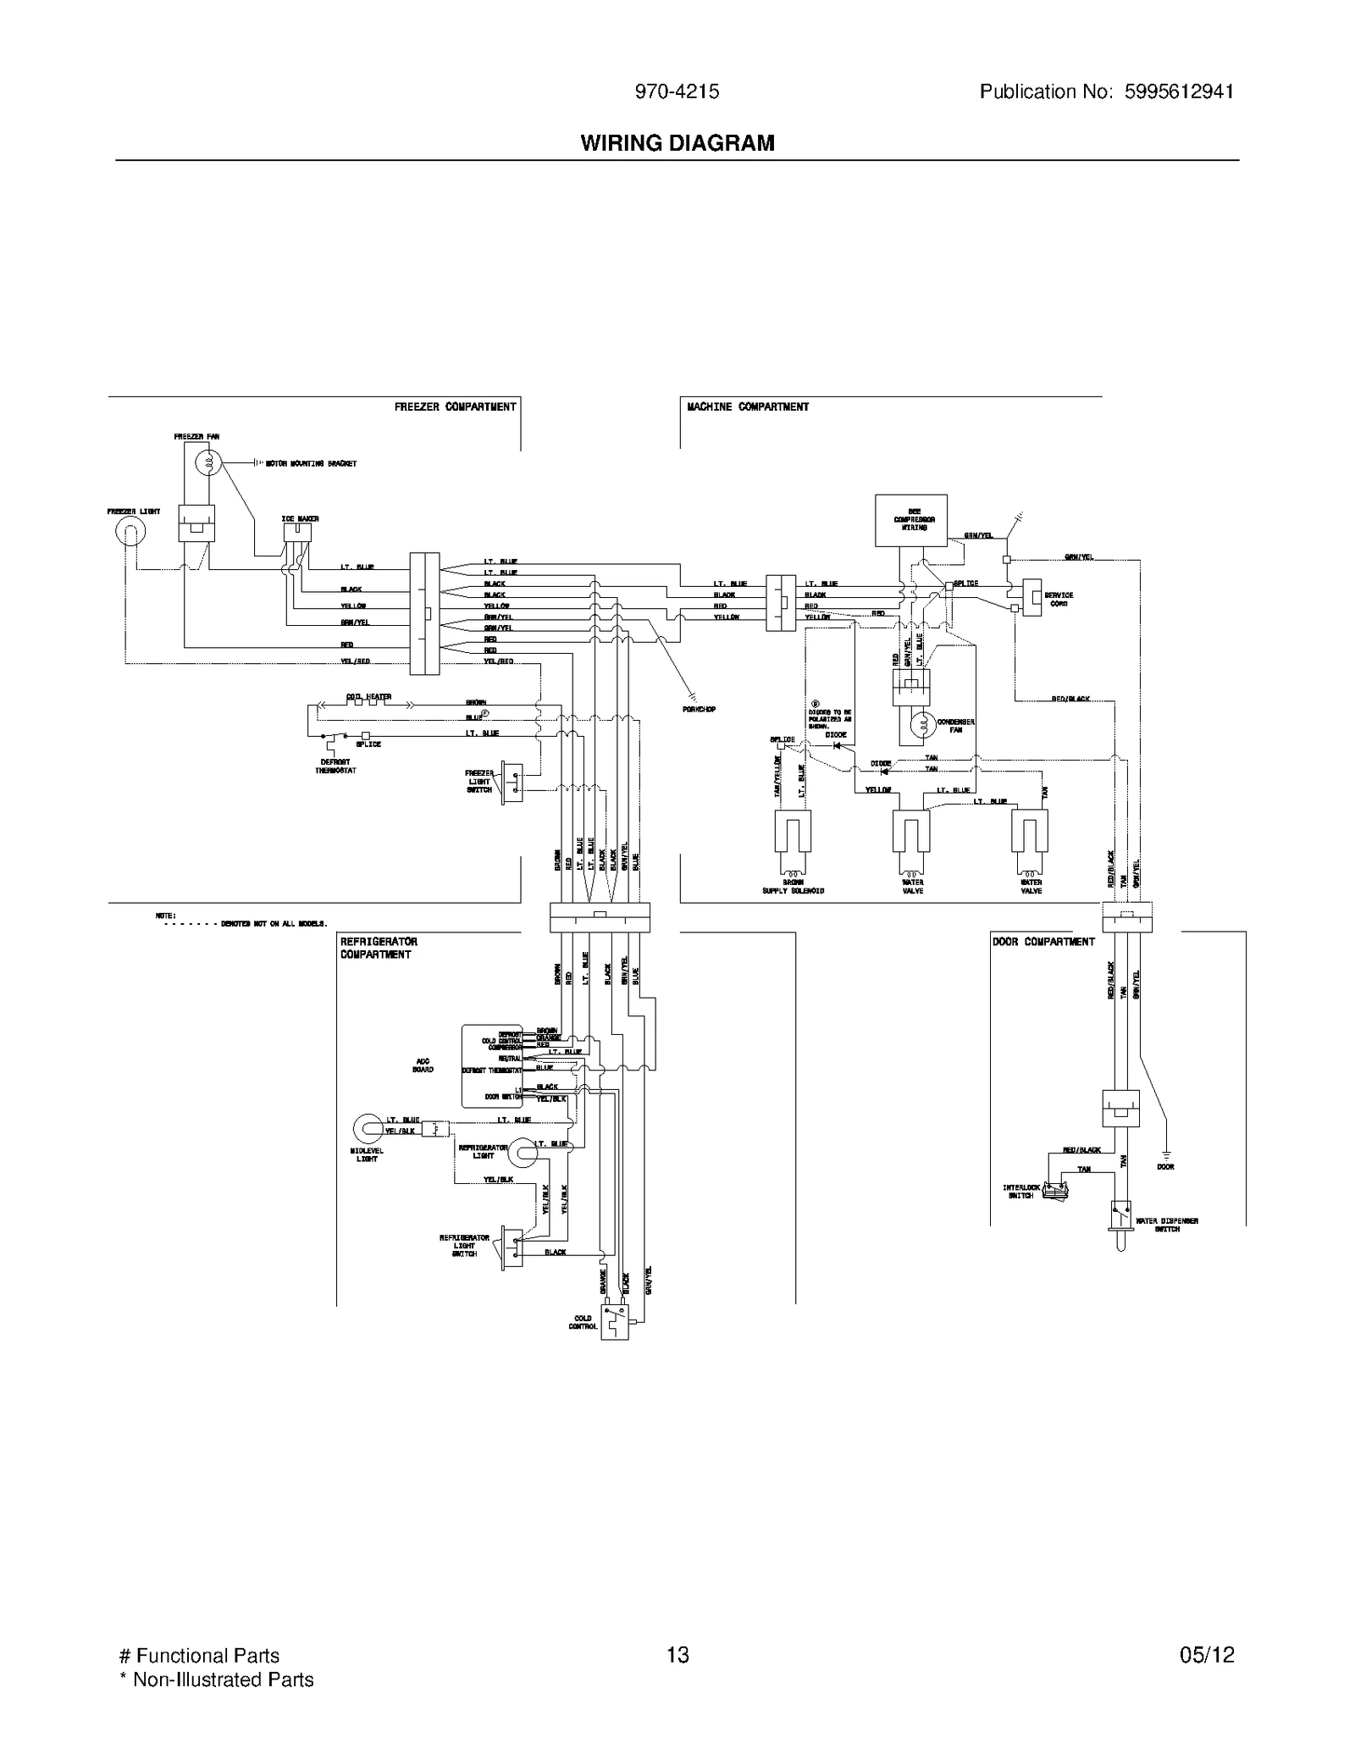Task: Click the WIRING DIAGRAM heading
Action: point(677,143)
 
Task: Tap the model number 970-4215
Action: point(677,91)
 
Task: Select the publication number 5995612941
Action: point(1178,91)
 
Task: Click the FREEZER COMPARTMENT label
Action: point(455,407)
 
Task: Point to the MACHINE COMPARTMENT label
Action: point(748,407)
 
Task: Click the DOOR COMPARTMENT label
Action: point(1043,942)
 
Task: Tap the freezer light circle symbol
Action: point(130,532)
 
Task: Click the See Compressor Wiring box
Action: point(910,520)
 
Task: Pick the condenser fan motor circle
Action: point(923,724)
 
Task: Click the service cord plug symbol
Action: point(1031,597)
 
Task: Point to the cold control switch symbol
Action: point(615,1321)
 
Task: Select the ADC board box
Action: point(491,1065)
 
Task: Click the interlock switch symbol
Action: point(1055,1190)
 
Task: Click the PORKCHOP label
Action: point(699,709)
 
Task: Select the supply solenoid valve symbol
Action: point(793,834)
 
